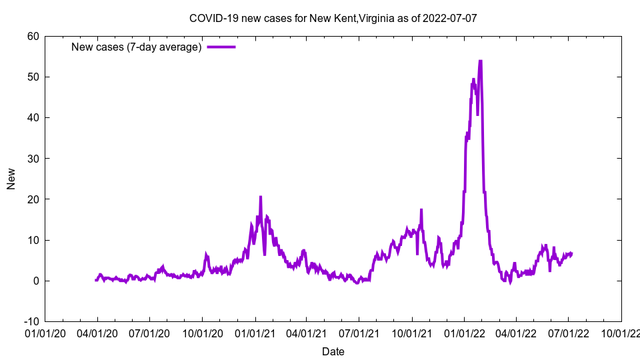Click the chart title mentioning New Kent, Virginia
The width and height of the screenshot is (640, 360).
[x=333, y=18]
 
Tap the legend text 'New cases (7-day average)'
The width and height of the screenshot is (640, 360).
[x=137, y=47]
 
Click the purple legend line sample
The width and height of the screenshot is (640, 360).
[x=221, y=47]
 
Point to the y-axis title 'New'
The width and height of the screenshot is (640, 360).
[x=11, y=179]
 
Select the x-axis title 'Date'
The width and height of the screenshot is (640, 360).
[x=333, y=351]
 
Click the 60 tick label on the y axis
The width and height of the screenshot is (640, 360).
[x=33, y=36]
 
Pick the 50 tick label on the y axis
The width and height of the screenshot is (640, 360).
[x=33, y=77]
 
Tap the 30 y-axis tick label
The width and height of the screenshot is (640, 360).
[x=33, y=159]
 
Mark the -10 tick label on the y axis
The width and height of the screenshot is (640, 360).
[x=31, y=321]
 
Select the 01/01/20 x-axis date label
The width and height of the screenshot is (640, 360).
[x=45, y=332]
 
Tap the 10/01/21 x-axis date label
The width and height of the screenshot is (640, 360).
[x=411, y=332]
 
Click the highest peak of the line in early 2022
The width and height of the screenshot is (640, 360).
[x=480, y=61]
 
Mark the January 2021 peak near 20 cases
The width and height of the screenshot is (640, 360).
[x=261, y=197]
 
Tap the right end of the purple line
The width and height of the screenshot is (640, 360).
[x=571, y=253]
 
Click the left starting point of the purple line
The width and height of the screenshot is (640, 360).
[x=96, y=280]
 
